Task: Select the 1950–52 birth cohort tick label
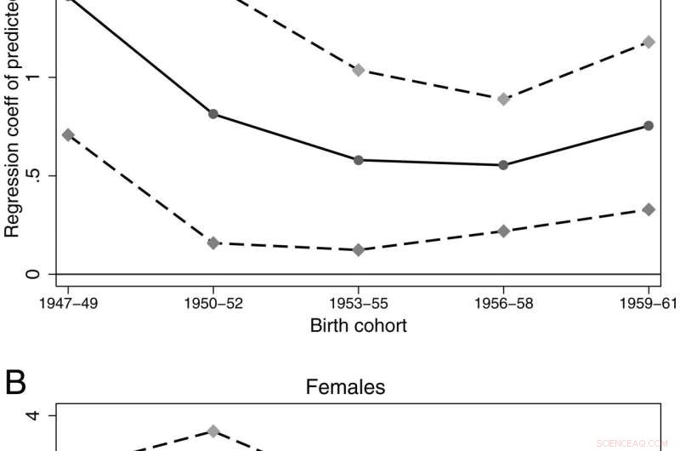(x=212, y=304)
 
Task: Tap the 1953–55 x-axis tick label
(x=358, y=304)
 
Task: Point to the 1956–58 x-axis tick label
(x=503, y=304)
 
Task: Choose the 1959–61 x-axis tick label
(x=648, y=304)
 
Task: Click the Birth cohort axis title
(x=358, y=325)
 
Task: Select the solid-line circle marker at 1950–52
(x=212, y=114)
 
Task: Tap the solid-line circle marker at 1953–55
(x=358, y=160)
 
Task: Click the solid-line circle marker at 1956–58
(x=503, y=165)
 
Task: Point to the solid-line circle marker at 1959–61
(x=649, y=126)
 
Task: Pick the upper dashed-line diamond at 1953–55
(x=358, y=70)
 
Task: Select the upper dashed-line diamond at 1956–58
(x=503, y=99)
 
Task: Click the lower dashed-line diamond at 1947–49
(x=68, y=134)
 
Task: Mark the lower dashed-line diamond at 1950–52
(x=212, y=243)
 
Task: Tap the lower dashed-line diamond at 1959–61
(x=649, y=209)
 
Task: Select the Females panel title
(x=345, y=388)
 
